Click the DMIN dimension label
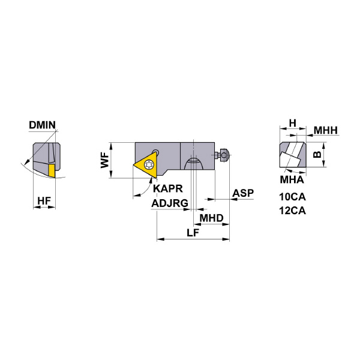pyautogui.click(x=42, y=125)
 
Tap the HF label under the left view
pyautogui.click(x=44, y=201)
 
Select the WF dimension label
pyautogui.click(x=104, y=161)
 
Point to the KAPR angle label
pyautogui.click(x=168, y=188)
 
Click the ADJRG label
pyautogui.click(x=170, y=203)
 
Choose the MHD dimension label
pyautogui.click(x=211, y=218)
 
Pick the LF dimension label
pyautogui.click(x=193, y=233)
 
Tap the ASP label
pyautogui.click(x=243, y=193)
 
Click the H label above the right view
pyautogui.click(x=293, y=123)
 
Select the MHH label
pyautogui.click(x=326, y=130)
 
